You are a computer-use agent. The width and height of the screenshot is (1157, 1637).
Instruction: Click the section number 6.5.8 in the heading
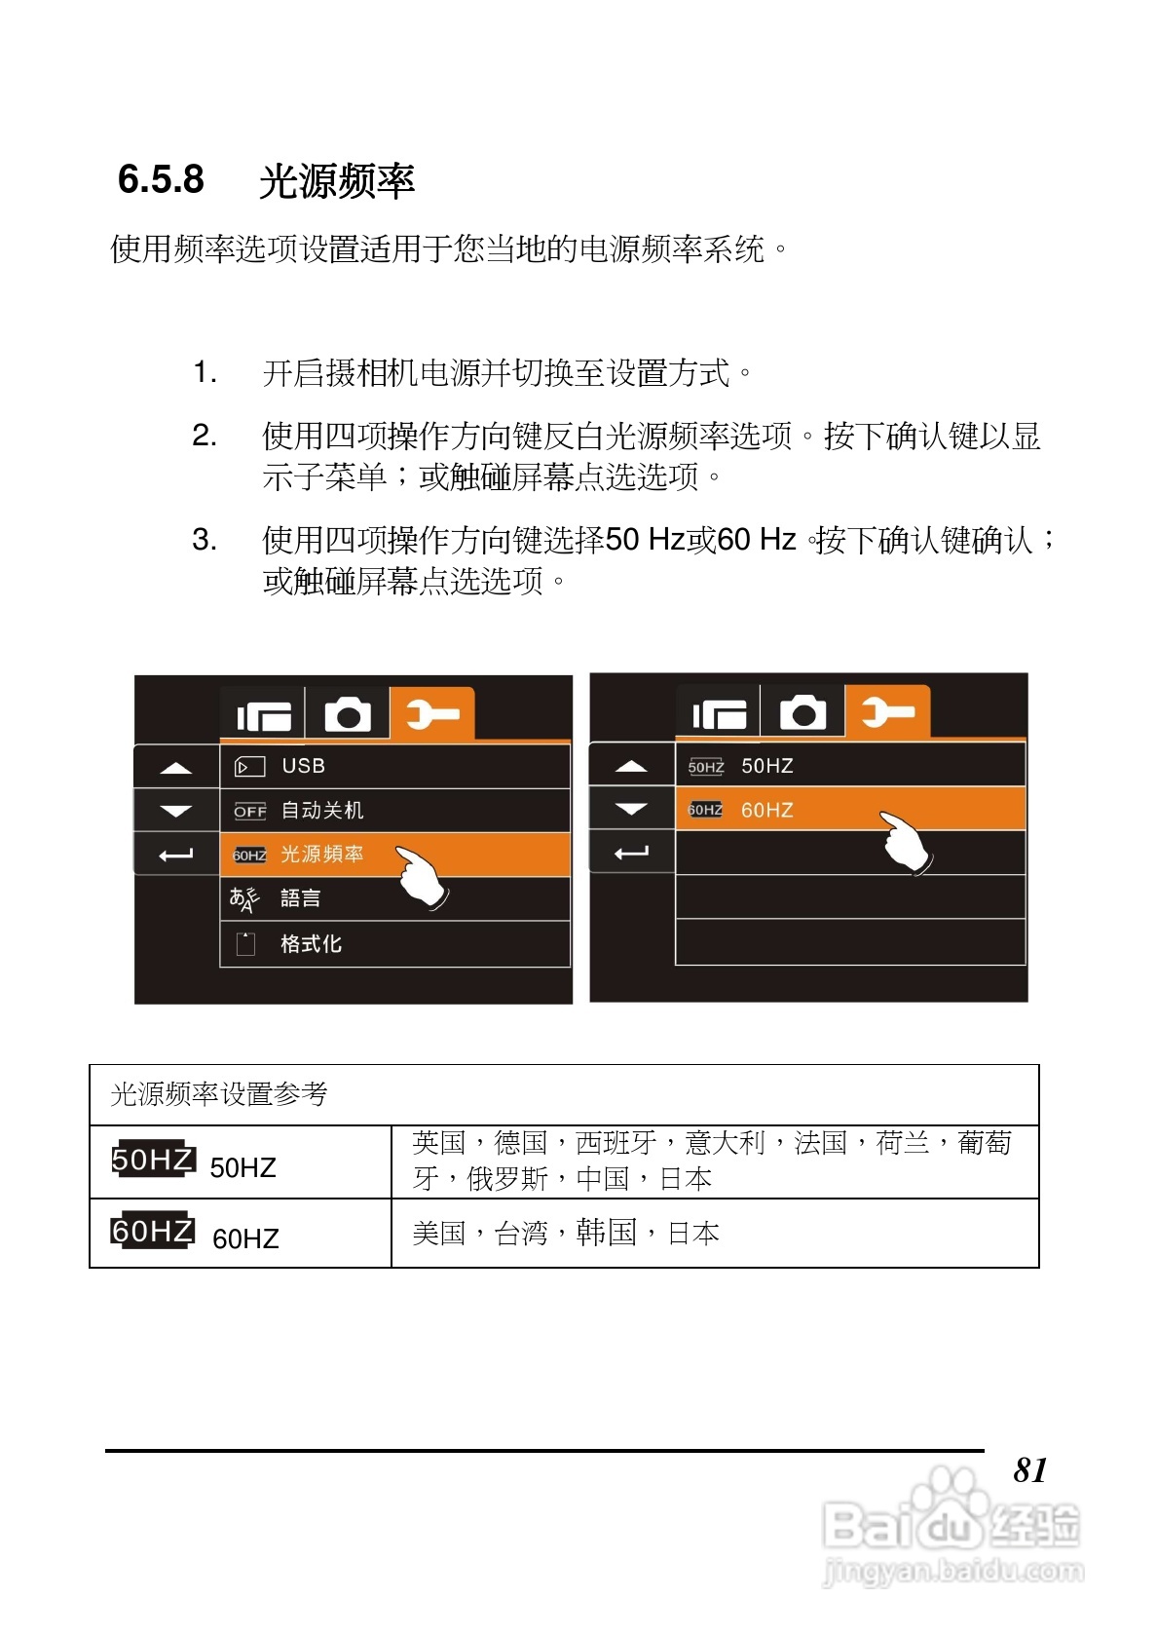[x=161, y=180]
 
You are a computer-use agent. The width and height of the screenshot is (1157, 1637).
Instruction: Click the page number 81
[x=1030, y=1469]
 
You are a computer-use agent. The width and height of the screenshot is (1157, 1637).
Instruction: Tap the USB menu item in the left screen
[x=394, y=766]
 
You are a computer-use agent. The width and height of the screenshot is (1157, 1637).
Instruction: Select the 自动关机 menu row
[x=394, y=811]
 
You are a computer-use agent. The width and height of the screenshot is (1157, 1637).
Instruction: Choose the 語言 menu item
[x=394, y=898]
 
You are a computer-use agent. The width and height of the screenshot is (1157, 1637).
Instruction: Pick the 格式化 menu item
[x=394, y=943]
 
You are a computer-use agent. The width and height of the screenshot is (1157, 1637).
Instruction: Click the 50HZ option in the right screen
[x=849, y=766]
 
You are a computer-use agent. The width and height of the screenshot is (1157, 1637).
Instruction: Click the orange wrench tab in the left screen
[x=432, y=714]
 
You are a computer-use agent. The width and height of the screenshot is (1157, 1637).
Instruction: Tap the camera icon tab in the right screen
[x=802, y=713]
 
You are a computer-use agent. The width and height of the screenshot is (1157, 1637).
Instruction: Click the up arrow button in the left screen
[x=176, y=768]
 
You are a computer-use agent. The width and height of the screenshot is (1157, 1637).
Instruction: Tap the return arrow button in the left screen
[x=176, y=855]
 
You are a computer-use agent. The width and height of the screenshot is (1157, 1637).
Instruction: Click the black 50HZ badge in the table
[x=153, y=1160]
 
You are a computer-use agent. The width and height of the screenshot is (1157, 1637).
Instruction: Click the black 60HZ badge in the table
[x=153, y=1231]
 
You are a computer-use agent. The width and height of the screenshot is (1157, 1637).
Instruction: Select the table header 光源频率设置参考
[x=219, y=1094]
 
